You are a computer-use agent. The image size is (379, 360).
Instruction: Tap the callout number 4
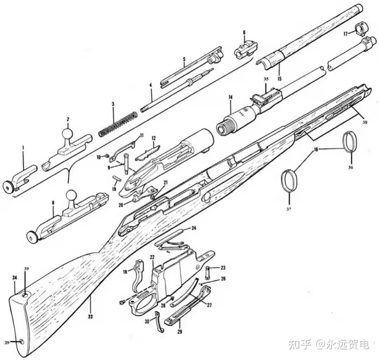pos(151,85)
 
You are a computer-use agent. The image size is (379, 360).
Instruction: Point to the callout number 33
pos(90,317)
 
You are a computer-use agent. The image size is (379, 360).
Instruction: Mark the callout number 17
pos(345,34)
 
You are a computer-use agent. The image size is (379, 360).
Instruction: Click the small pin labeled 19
pos(117,178)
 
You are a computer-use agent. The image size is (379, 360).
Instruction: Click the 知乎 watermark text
pos(300,345)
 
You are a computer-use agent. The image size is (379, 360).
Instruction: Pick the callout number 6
pos(244,33)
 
